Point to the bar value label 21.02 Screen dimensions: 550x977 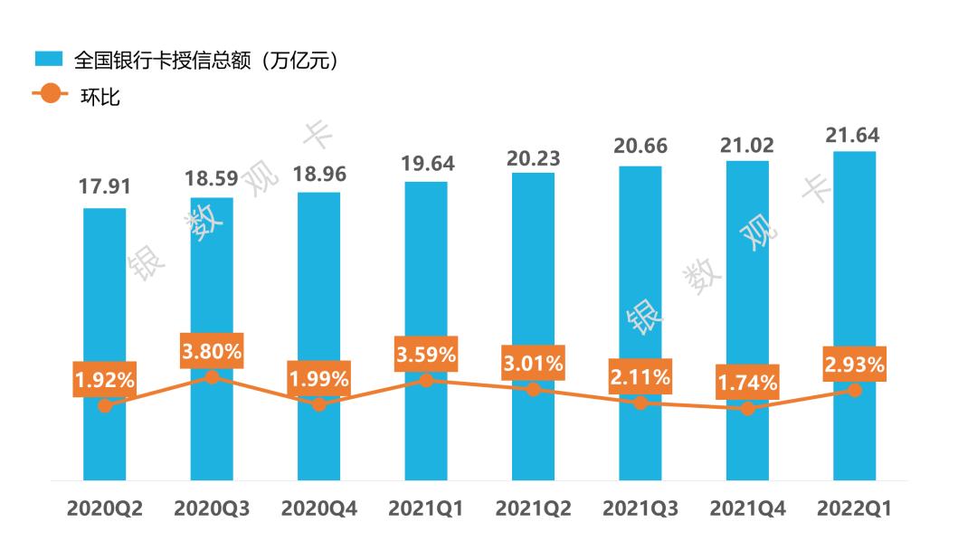click(x=747, y=144)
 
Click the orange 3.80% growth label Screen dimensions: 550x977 click(x=212, y=351)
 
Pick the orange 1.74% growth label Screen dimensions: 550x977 click(x=747, y=383)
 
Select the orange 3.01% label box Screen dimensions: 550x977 click(x=533, y=365)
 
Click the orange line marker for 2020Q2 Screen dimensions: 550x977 click(x=105, y=405)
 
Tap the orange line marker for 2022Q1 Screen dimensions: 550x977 click(x=854, y=390)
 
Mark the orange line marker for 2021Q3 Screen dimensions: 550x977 click(x=640, y=403)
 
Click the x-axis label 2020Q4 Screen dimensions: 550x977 click(x=318, y=509)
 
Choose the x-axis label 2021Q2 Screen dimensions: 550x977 click(x=533, y=509)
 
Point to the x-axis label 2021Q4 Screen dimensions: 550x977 click(x=747, y=509)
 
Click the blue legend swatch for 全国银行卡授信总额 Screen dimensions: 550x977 click(x=49, y=60)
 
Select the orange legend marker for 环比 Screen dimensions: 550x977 click(x=49, y=93)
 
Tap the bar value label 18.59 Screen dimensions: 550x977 click(x=212, y=178)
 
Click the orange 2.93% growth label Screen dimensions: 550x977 click(x=854, y=365)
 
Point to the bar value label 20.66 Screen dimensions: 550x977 click(x=640, y=148)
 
